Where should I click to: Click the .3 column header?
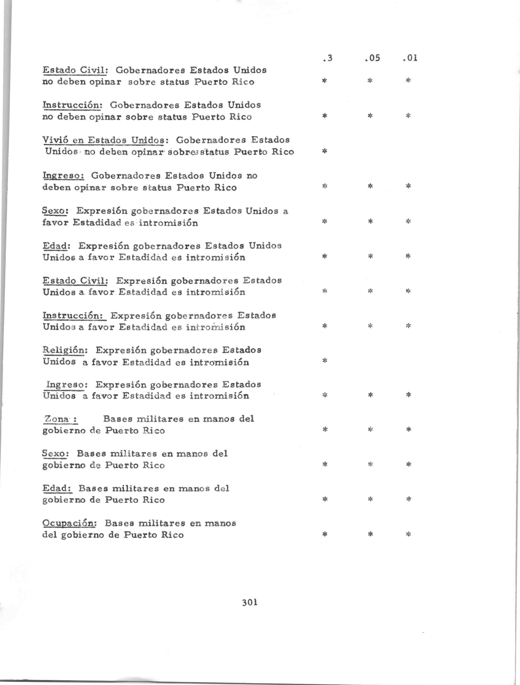tap(327, 58)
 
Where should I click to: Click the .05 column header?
tap(372, 58)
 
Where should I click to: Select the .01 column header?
tap(410, 58)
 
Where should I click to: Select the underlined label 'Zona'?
tap(60, 419)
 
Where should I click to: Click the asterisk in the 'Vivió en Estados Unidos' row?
tap(325, 151)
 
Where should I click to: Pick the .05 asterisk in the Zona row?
tap(370, 430)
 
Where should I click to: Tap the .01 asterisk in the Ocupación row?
tap(408, 534)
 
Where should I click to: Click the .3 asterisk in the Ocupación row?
tap(325, 534)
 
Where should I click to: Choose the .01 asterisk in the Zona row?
tap(408, 430)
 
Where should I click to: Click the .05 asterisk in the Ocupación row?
tap(370, 534)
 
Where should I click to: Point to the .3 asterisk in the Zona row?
tap(325, 430)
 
